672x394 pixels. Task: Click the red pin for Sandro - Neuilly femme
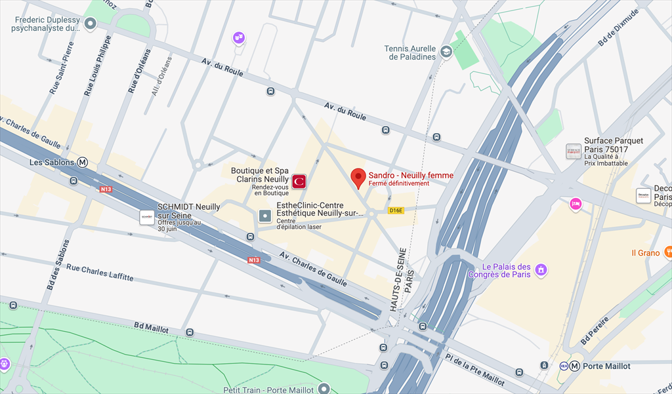pos(358,178)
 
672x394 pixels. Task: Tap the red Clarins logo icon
pos(299,180)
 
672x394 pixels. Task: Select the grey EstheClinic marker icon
pos(264,216)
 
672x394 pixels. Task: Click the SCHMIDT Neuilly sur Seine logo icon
pos(147,216)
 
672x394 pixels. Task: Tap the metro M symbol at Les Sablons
pos(83,162)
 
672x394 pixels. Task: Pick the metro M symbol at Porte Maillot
pos(574,366)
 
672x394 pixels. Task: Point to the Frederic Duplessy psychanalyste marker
pos(91,24)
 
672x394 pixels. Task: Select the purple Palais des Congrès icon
pos(541,269)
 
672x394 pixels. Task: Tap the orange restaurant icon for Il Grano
pos(668,252)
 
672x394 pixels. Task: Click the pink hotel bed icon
pos(576,204)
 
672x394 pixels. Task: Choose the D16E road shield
pos(395,210)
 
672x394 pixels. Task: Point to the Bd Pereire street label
pos(595,332)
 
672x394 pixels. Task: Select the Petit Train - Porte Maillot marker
pos(322,389)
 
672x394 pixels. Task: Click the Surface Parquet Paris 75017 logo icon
pos(574,151)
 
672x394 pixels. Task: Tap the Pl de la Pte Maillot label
pos(474,369)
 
